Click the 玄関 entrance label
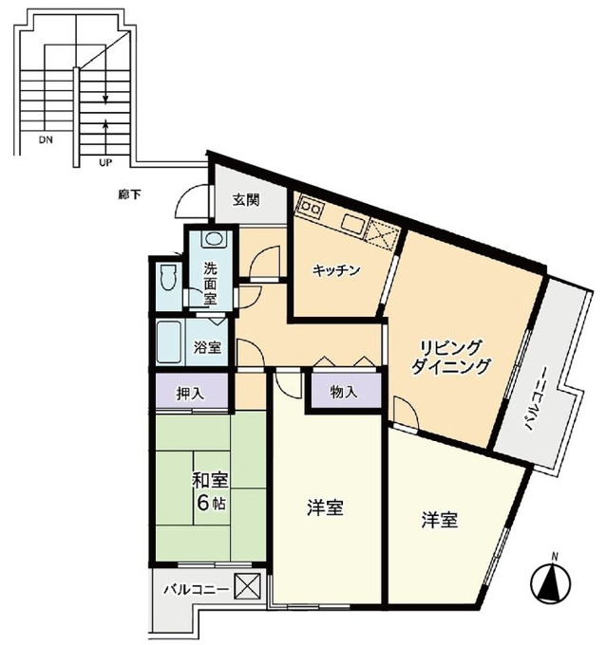246,200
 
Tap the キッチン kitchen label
336,270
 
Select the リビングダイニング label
451,357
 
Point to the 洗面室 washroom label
210,284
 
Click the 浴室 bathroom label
208,348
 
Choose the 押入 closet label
190,394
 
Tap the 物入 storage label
344,393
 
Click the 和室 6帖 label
210,491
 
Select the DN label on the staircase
46,139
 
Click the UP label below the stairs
105,162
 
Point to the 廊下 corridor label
129,194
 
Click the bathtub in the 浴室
169,342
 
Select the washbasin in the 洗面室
215,239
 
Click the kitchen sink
351,226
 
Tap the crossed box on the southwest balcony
247,586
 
